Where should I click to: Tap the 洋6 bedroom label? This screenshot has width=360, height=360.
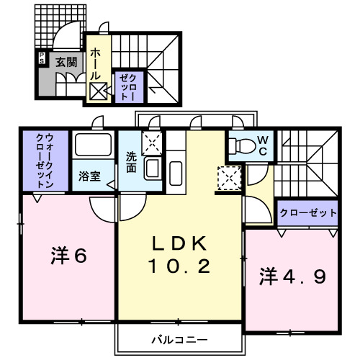[x=68, y=256]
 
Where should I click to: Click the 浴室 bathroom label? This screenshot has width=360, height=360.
[x=89, y=176]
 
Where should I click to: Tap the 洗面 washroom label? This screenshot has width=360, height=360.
[x=131, y=161]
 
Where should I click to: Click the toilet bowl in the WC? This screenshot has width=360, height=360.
[x=242, y=146]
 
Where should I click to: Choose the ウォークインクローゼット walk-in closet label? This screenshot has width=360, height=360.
[x=43, y=160]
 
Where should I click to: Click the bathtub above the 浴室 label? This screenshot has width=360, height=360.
[x=92, y=147]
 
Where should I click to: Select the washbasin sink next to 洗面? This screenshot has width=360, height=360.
[x=153, y=168]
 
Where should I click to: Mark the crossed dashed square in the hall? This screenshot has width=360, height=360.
[x=98, y=91]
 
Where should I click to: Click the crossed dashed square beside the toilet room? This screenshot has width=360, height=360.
[x=228, y=177]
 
